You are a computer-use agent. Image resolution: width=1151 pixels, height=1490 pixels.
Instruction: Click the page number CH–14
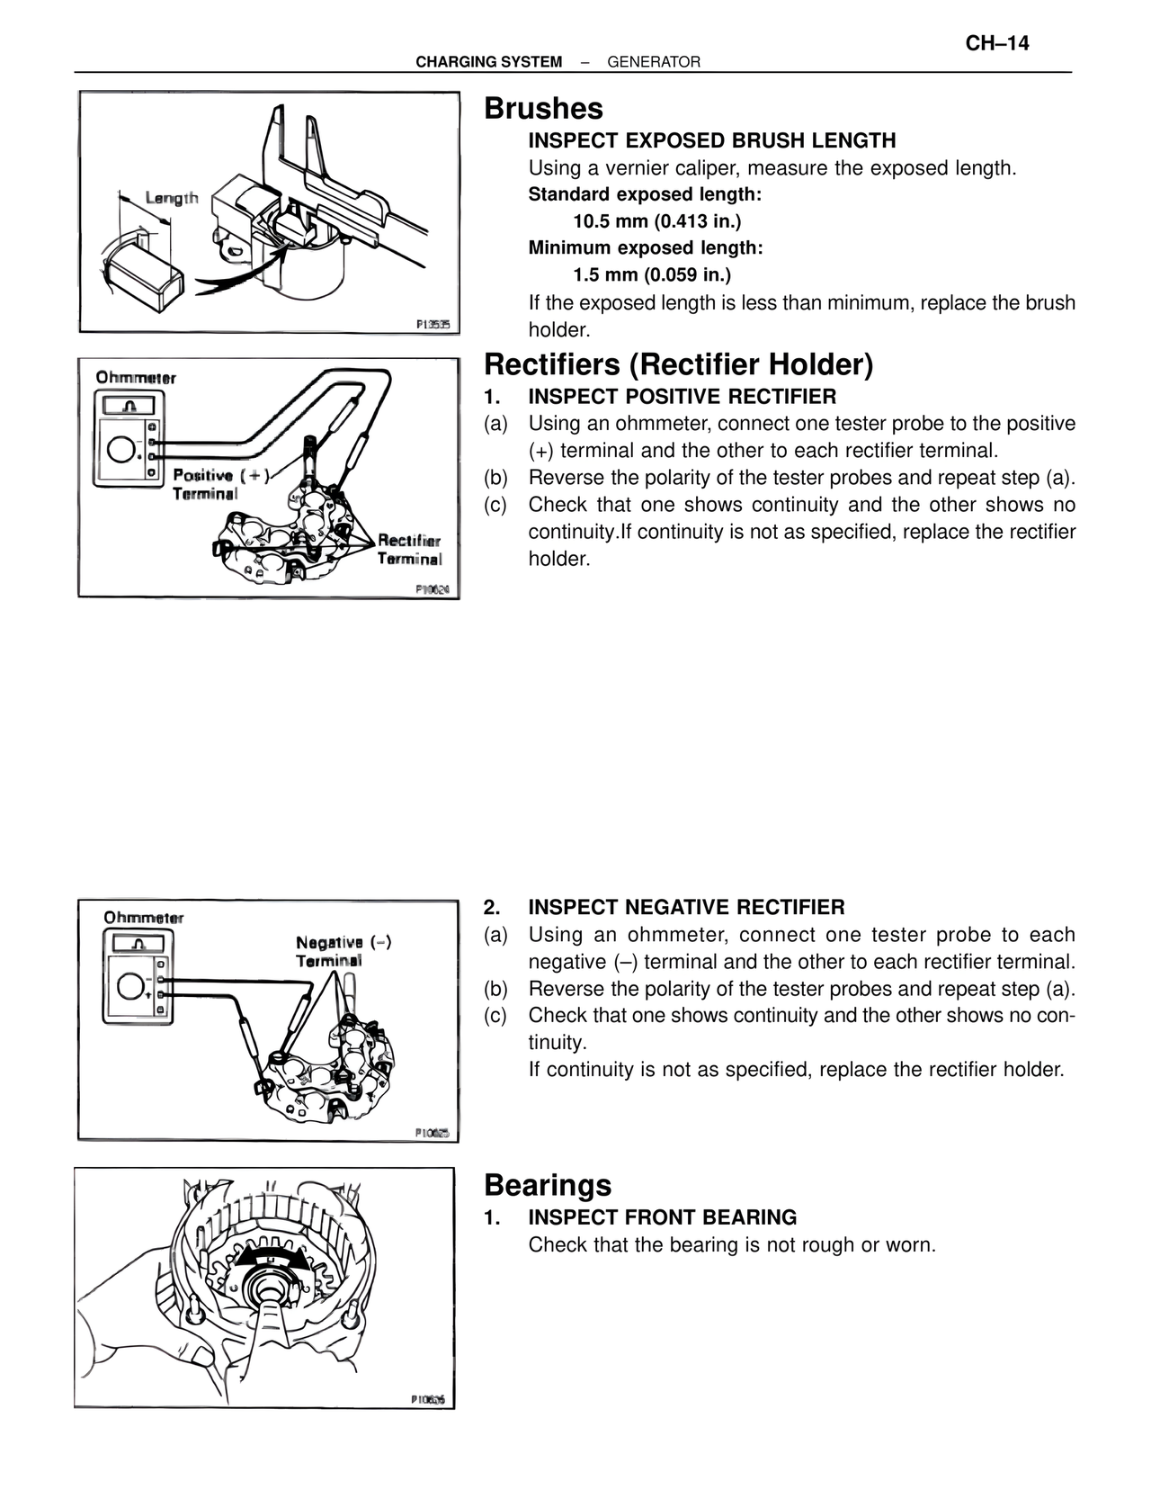click(997, 43)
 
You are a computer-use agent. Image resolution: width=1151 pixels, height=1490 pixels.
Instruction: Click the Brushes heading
click(543, 108)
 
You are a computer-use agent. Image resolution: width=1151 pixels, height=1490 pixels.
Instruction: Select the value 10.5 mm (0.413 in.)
click(657, 221)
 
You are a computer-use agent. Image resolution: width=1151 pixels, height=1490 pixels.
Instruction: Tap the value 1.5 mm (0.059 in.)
click(652, 274)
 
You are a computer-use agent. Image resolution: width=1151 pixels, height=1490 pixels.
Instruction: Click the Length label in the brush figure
click(171, 198)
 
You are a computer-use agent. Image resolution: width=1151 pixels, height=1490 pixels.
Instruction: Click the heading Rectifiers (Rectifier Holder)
click(678, 364)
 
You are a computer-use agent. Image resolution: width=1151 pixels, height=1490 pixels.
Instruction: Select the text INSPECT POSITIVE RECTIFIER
click(682, 397)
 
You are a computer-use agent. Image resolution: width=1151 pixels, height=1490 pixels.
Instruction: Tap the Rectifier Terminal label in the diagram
click(409, 549)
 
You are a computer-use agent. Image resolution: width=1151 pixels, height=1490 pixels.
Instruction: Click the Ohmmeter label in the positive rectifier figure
click(136, 378)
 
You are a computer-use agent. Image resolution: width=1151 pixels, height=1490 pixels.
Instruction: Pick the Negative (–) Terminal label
click(343, 951)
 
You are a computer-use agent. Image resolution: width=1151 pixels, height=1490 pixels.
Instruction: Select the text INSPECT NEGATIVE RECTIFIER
click(686, 907)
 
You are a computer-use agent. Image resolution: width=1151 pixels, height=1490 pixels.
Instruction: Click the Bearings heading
click(547, 1185)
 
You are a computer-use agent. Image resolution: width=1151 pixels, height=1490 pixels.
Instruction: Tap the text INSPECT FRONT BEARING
click(662, 1217)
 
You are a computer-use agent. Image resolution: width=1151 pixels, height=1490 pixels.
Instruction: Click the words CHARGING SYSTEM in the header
click(488, 62)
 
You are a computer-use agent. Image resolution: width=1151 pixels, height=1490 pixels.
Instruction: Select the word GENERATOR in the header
click(654, 62)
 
